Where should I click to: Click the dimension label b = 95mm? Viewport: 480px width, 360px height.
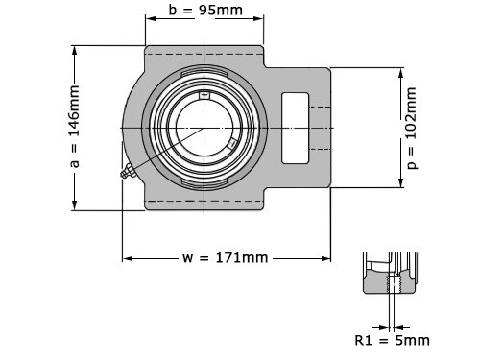tap(205, 10)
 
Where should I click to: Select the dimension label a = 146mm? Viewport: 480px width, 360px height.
tap(74, 127)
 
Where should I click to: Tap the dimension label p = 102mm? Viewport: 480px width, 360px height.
tap(412, 128)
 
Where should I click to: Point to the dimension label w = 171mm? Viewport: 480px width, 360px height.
tap(225, 257)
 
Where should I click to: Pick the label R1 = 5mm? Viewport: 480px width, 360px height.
tap(392, 340)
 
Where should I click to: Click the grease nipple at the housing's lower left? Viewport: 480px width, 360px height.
tap(128, 171)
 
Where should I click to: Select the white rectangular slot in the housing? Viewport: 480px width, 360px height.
tap(295, 128)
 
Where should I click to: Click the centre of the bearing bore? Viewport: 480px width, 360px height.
tap(204, 128)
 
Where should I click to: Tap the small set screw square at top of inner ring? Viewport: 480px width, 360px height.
tap(204, 95)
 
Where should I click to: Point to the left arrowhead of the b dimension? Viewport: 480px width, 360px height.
tap(151, 18)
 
